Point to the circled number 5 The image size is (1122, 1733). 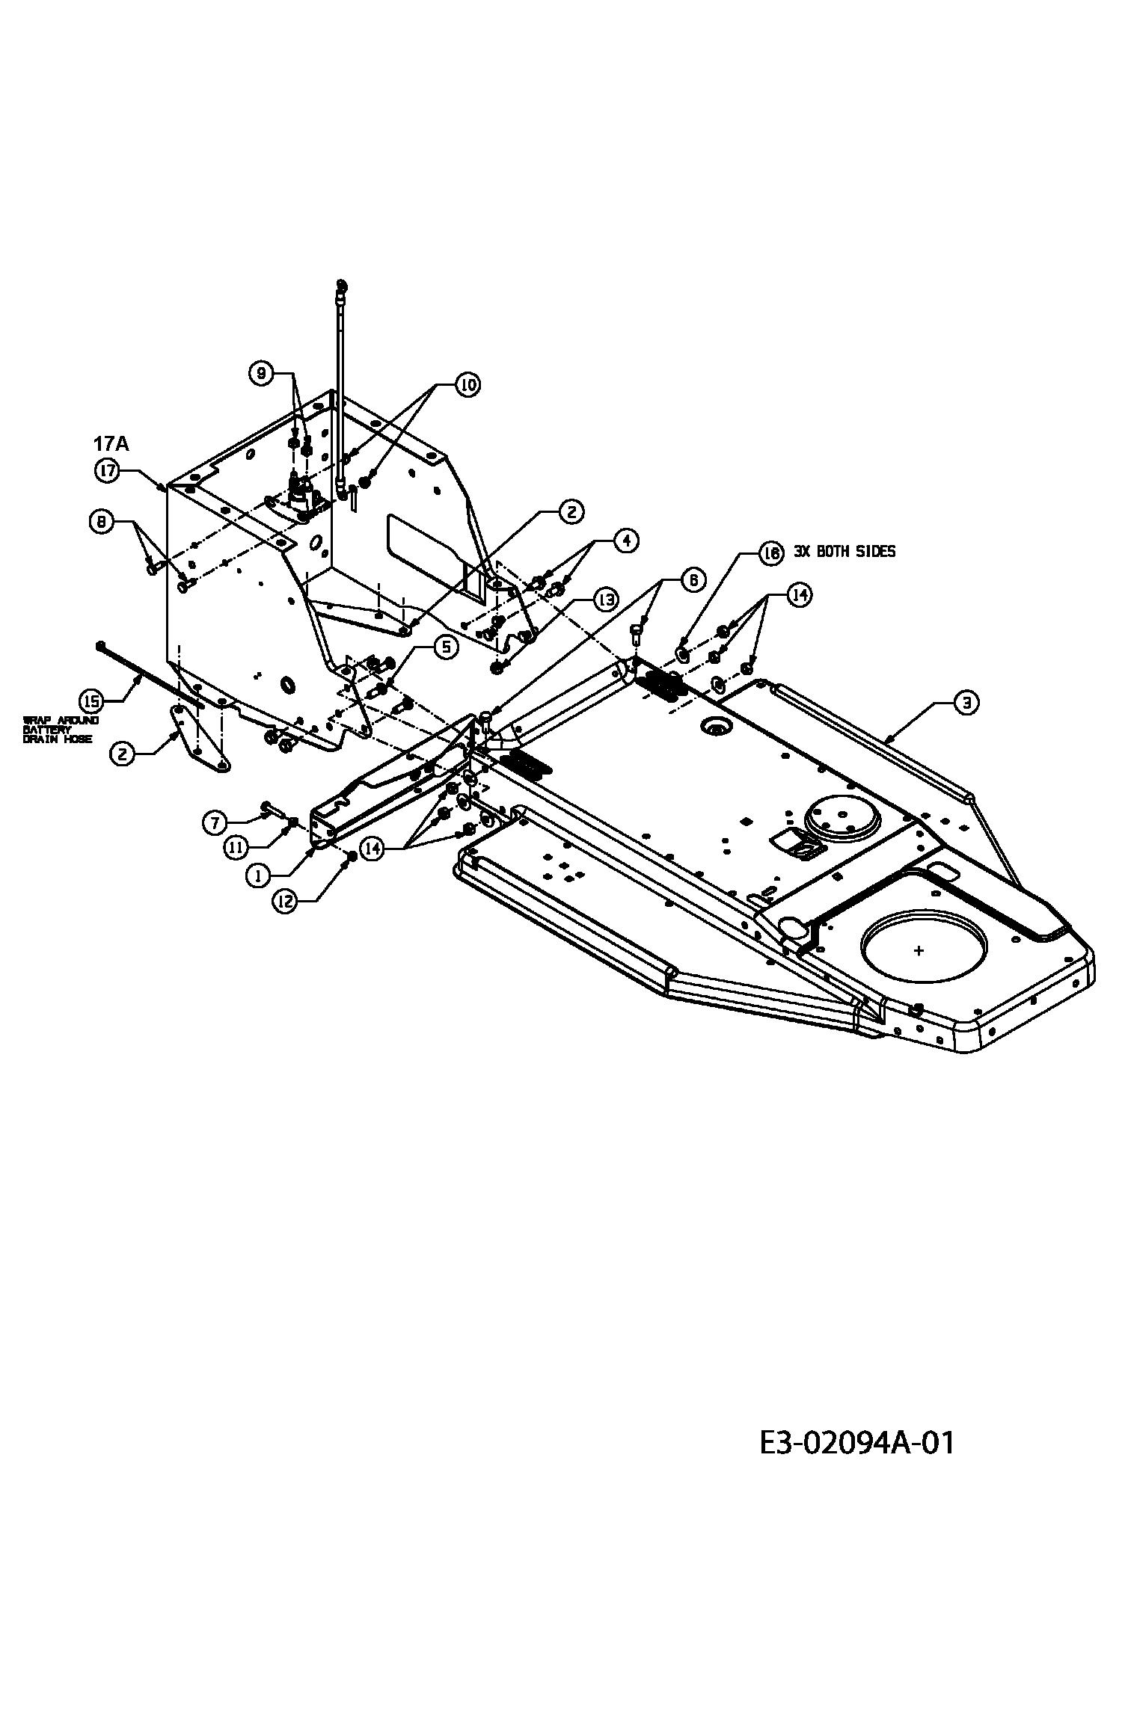pos(446,647)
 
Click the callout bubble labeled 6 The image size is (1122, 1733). pos(693,580)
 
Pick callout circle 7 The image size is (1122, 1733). pos(215,823)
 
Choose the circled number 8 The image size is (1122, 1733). pos(101,521)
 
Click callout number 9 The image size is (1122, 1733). pos(261,374)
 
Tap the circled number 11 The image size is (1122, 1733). pos(235,847)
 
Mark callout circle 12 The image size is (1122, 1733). pos(285,902)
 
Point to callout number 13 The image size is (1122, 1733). pos(605,599)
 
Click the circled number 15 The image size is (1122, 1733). pos(91,701)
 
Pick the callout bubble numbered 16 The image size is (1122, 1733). pos(770,553)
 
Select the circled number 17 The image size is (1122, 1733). pos(106,470)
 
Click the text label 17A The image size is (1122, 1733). pos(111,444)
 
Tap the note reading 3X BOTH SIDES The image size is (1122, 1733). pos(844,552)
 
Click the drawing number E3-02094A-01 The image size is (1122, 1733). pos(856,1443)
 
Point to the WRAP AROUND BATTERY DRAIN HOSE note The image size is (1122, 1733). pos(58,730)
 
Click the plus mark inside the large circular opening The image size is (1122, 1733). pos(919,951)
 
